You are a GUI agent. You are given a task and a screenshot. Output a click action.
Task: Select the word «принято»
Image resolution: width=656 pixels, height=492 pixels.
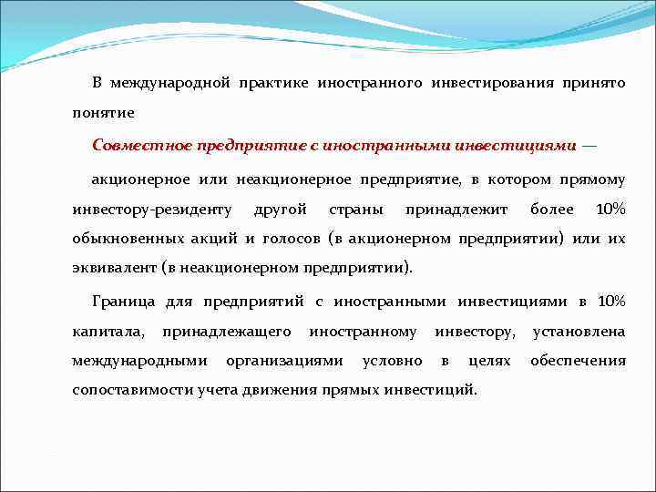(595, 83)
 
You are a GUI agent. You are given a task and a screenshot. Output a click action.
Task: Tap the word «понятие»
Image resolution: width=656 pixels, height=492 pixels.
(104, 114)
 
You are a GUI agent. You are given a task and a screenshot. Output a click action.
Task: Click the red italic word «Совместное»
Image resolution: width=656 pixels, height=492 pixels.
(140, 145)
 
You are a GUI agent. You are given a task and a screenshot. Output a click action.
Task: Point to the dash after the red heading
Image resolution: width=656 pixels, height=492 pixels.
(590, 145)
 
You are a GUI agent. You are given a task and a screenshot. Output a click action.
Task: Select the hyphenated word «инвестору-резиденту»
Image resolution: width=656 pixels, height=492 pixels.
(152, 210)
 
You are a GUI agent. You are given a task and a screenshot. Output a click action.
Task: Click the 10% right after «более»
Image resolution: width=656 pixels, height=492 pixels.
(610, 210)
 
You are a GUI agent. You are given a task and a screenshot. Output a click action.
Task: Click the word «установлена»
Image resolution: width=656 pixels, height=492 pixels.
(579, 331)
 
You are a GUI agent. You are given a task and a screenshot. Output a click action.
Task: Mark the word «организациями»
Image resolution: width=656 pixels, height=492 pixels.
(285, 361)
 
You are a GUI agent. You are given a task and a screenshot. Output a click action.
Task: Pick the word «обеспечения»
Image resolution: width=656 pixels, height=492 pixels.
(579, 361)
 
